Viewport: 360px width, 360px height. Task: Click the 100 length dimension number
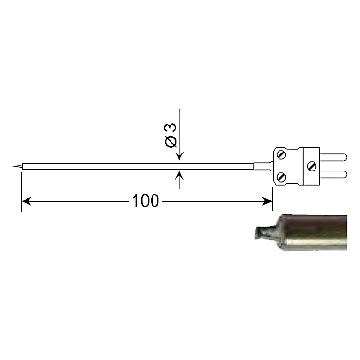[x=145, y=201]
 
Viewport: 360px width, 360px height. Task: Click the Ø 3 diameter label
[x=171, y=135]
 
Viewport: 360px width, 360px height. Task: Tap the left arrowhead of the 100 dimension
[x=26, y=201]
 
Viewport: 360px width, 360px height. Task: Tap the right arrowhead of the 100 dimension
[x=267, y=201]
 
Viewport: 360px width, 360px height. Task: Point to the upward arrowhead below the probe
[x=179, y=176]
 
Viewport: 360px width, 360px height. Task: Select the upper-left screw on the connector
[x=281, y=155]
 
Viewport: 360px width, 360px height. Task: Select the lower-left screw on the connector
[x=281, y=177]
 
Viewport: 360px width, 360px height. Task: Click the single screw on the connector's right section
[x=312, y=166]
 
